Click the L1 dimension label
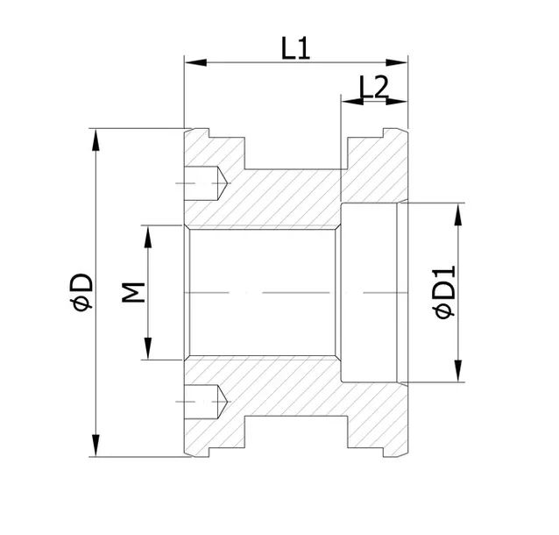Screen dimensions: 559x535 pyautogui.click(x=295, y=48)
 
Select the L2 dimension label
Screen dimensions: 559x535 pyautogui.click(x=373, y=87)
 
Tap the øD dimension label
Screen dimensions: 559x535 pyautogui.click(x=81, y=292)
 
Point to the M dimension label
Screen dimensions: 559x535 pyautogui.click(x=133, y=292)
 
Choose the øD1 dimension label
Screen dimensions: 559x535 pyautogui.click(x=444, y=291)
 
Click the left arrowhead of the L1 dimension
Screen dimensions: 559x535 pyautogui.click(x=195, y=63)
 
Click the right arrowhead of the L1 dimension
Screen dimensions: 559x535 pyautogui.click(x=397, y=63)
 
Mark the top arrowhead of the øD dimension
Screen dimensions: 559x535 pyautogui.click(x=96, y=140)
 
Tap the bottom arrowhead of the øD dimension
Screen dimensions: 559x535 pyautogui.click(x=96, y=445)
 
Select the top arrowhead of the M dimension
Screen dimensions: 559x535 pyautogui.click(x=147, y=237)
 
